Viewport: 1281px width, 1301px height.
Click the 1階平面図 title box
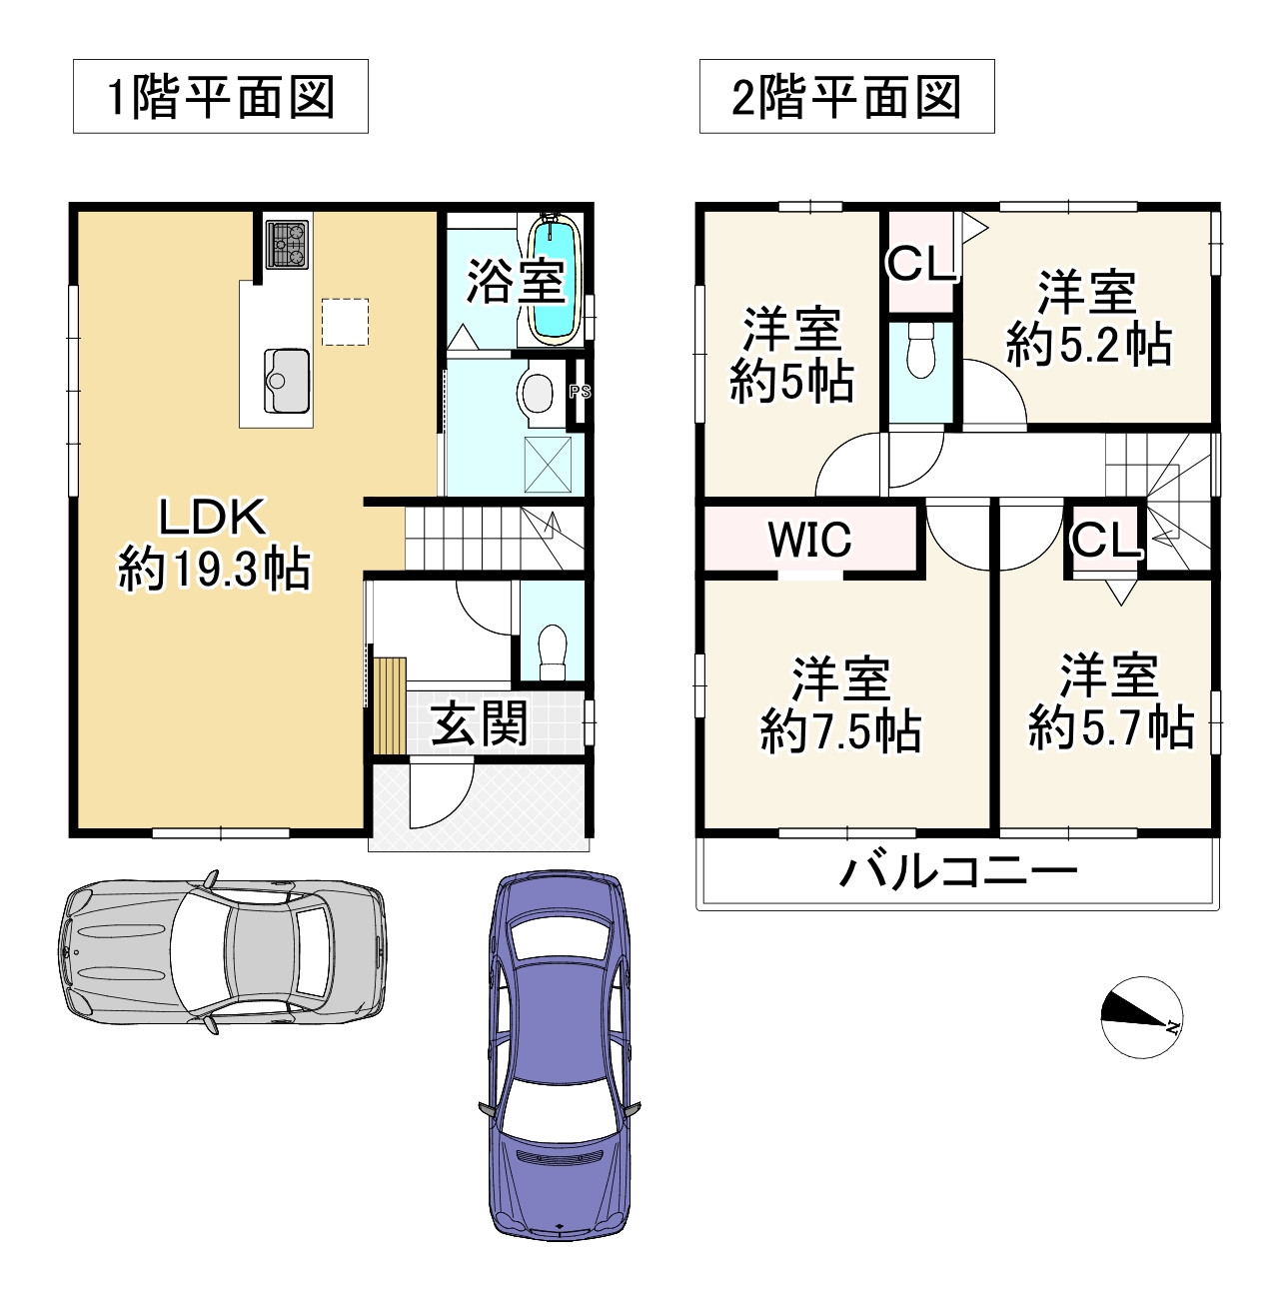tap(220, 97)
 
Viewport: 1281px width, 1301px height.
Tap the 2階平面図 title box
tap(846, 97)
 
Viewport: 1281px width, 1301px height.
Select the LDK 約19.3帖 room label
tap(213, 545)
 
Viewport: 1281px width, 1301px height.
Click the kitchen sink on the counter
tap(287, 380)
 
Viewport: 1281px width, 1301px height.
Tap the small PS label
tap(580, 393)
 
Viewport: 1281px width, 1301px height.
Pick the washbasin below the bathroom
tap(538, 394)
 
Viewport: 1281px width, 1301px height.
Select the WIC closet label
tap(809, 540)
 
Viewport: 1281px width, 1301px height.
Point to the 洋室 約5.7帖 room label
tap(1110, 702)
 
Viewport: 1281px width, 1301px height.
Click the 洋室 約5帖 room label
tap(791, 356)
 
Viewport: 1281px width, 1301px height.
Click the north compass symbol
tap(1142, 1016)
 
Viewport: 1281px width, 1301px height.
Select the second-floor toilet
tap(917, 351)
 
